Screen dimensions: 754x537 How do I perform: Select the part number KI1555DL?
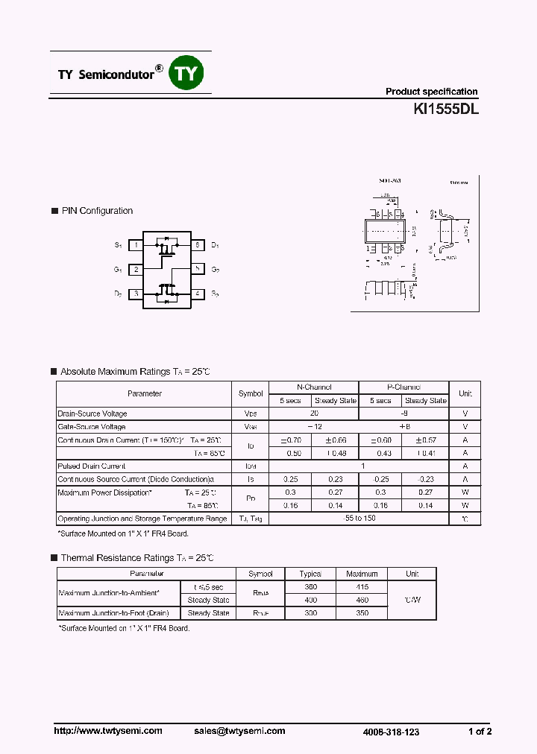coord(446,109)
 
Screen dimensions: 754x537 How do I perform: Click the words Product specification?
coord(431,92)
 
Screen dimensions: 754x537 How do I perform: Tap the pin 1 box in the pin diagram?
coord(136,245)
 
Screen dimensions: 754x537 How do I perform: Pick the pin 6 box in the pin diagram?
coord(197,245)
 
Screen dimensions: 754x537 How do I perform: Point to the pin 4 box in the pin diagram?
coord(197,294)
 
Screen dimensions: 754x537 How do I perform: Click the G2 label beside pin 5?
coord(215,270)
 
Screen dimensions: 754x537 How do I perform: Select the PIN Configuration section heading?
coord(97,211)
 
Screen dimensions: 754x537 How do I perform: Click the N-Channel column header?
coord(313,387)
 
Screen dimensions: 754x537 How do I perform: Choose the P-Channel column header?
coord(403,387)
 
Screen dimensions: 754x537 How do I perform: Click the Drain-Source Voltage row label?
coord(92,414)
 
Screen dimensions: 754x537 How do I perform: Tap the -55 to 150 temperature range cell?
coord(358,519)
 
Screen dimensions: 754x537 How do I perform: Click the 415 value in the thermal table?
coord(362,587)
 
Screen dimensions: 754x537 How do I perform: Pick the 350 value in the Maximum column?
coord(362,613)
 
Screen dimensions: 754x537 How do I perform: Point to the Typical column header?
coord(310,574)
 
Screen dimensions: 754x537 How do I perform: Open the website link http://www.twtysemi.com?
coord(108,731)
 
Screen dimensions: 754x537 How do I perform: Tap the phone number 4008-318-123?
coord(392,732)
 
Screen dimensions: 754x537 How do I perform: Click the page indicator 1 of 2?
coord(480,732)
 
